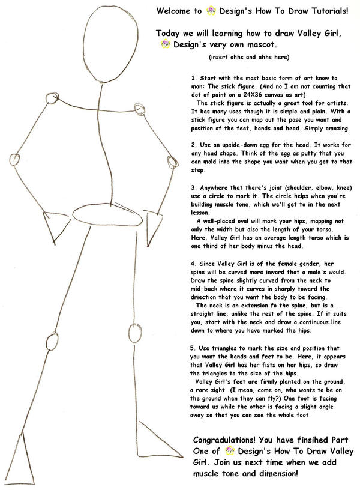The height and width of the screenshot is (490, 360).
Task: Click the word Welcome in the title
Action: [x=174, y=11]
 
